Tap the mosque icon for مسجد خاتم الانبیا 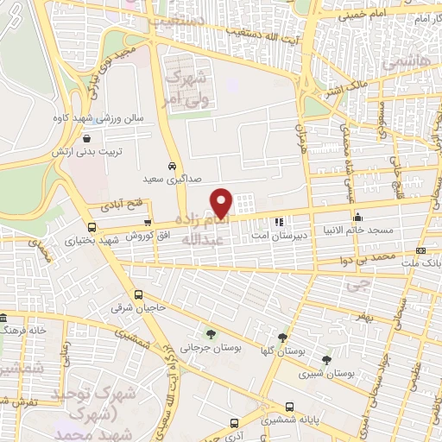coord(357,217)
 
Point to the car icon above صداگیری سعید coord(172,165)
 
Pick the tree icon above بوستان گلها coord(282,337)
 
